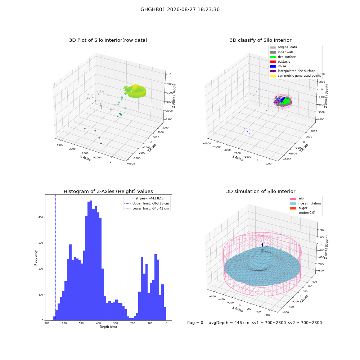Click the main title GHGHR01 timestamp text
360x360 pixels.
click(180, 9)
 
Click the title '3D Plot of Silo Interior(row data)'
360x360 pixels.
click(108, 40)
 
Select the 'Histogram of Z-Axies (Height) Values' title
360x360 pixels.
click(108, 191)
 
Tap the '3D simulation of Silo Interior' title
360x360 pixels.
click(261, 191)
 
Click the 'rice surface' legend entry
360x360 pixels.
click(283, 57)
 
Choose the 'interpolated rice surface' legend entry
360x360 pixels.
click(292, 71)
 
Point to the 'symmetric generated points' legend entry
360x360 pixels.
click(295, 76)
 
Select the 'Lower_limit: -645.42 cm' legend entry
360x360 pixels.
click(147, 208)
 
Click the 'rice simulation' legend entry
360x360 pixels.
click(305, 203)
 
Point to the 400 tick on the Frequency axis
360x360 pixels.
click(41, 217)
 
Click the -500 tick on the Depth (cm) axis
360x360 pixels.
click(80, 323)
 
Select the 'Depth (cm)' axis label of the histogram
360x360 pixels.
click(108, 327)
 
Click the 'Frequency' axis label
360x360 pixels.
click(36, 258)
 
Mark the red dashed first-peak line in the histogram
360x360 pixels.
click(90, 257)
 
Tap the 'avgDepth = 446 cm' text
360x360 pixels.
click(229, 323)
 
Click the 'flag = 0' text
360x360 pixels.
click(195, 323)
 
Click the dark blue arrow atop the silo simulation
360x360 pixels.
click(262, 245)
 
